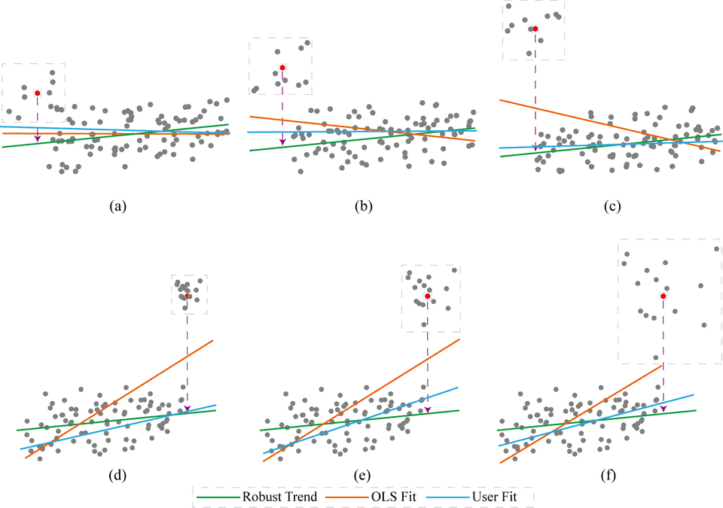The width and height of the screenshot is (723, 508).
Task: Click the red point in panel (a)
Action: tap(37, 93)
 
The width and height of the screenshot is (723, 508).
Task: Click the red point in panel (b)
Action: tap(282, 68)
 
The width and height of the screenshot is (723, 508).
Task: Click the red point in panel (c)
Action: tap(535, 29)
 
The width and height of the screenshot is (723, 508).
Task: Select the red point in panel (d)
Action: tap(188, 296)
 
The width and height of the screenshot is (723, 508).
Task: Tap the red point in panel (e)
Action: tap(428, 297)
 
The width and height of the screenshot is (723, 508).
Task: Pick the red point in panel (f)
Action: tap(663, 297)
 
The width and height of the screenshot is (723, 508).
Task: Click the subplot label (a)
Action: tap(117, 205)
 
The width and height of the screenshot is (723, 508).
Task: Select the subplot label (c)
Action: tap(609, 205)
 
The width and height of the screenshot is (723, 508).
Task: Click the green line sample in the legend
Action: tap(217, 497)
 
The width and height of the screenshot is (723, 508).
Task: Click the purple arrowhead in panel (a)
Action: tap(37, 138)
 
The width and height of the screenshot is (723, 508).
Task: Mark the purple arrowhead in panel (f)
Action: tap(663, 408)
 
